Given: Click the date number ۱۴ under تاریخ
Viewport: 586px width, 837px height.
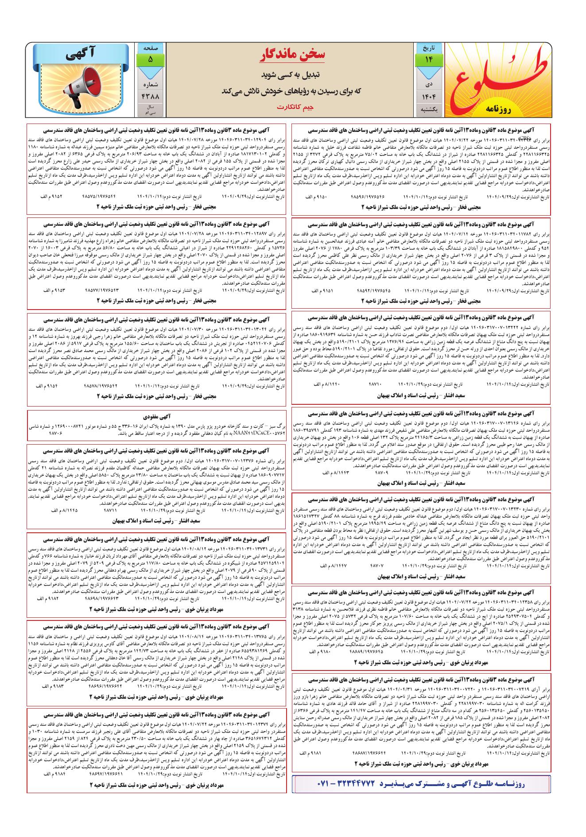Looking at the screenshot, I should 427,59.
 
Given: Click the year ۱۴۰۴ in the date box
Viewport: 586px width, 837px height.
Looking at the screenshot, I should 427,96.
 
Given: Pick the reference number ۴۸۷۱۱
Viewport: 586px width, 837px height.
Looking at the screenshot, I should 110,511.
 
